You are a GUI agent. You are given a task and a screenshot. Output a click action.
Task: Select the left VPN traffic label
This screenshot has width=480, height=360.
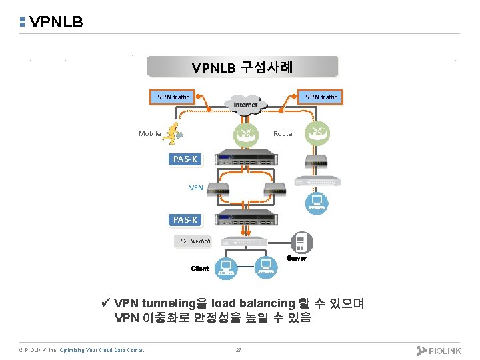173,97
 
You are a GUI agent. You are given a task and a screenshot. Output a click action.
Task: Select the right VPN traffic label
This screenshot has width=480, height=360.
321,97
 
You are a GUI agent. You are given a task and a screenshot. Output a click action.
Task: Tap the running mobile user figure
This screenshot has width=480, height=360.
175,133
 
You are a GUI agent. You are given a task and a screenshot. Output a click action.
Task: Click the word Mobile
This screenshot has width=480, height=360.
149,134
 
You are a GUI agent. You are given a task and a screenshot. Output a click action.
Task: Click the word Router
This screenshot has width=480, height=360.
284,134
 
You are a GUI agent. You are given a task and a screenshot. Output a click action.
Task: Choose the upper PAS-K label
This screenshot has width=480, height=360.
185,159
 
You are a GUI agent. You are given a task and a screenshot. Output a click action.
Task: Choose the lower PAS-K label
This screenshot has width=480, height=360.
185,219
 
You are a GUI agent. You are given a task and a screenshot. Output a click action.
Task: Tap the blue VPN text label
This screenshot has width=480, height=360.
196,188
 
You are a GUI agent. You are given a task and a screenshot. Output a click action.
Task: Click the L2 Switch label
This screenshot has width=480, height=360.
194,241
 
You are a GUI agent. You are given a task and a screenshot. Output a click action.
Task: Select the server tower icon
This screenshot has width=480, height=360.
301,243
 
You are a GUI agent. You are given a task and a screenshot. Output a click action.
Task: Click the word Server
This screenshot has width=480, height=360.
297,259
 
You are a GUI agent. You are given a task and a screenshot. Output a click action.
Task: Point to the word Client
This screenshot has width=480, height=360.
199,269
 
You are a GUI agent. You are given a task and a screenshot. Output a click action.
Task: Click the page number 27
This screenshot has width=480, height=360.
239,351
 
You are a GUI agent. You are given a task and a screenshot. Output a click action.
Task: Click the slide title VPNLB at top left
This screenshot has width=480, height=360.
56,22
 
